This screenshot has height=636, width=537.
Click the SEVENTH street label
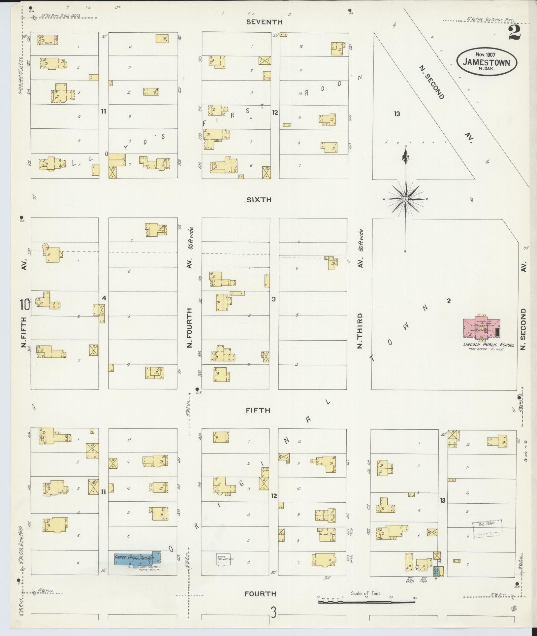(265, 22)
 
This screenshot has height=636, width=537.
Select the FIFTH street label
(258, 410)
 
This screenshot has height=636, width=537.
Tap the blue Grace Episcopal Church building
(137, 559)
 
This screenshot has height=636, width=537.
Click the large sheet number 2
(515, 33)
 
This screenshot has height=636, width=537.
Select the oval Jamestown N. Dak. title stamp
(487, 62)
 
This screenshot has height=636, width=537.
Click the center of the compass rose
(405, 199)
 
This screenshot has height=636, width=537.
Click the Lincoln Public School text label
(489, 345)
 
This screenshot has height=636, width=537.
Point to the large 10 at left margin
(25, 305)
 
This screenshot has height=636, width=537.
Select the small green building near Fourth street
(436, 571)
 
